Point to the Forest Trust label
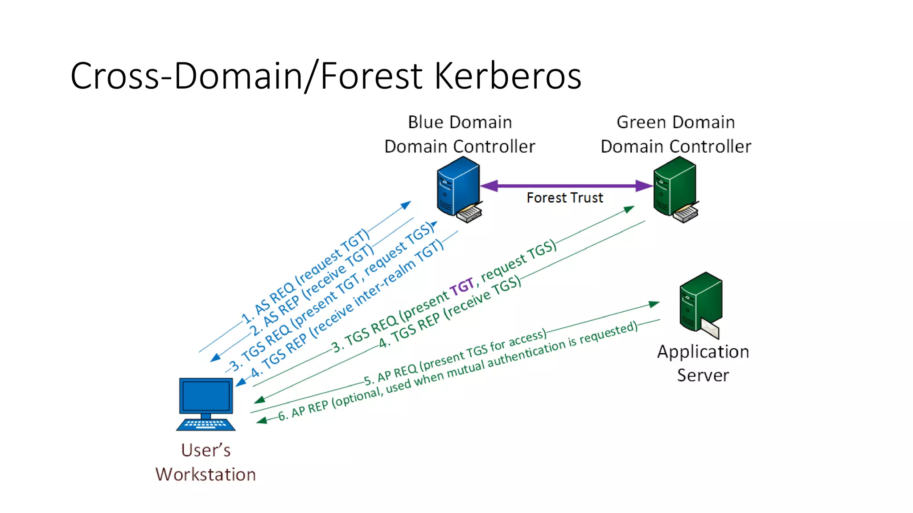pos(564,198)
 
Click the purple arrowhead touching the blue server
pos(489,186)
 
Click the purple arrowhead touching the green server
pos(644,186)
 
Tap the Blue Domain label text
pos(460,122)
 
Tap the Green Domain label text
pos(675,122)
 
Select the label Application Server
pos(703,363)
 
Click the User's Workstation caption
pos(206,462)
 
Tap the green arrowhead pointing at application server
pos(654,304)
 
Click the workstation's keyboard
pos(206,424)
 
